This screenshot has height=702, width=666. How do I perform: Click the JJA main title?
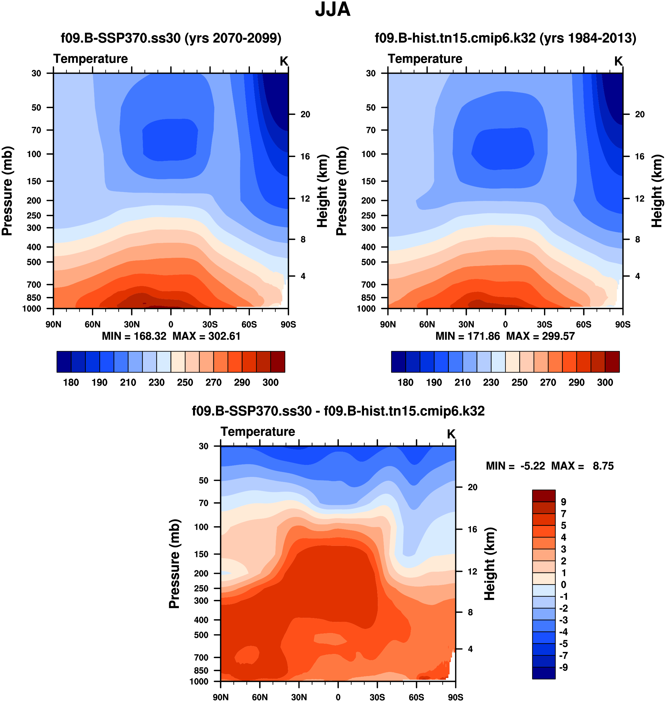pyautogui.click(x=333, y=10)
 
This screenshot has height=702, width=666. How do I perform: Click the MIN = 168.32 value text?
pyautogui.click(x=134, y=336)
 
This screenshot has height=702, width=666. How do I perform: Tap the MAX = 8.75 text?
pyautogui.click(x=582, y=466)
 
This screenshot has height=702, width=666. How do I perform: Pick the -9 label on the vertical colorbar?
pyautogui.click(x=563, y=667)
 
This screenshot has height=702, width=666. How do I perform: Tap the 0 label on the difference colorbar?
pyautogui.click(x=563, y=584)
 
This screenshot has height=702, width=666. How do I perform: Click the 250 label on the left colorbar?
pyautogui.click(x=185, y=383)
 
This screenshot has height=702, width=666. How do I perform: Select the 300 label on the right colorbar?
pyautogui.click(x=605, y=383)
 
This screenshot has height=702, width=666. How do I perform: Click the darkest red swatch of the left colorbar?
pyautogui.click(x=278, y=362)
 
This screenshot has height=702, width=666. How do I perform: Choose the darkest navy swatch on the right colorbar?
pyautogui.click(x=398, y=362)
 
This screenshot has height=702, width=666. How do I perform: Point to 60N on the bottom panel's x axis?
pyautogui.click(x=260, y=697)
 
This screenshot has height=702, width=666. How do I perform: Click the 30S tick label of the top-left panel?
pyautogui.click(x=210, y=324)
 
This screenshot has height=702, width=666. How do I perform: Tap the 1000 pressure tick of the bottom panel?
pyautogui.click(x=199, y=681)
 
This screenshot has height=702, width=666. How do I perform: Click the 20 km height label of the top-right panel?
pyautogui.click(x=639, y=114)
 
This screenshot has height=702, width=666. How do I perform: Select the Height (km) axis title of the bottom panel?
pyautogui.click(x=489, y=564)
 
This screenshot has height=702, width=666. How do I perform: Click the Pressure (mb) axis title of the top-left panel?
pyautogui.click(x=7, y=191)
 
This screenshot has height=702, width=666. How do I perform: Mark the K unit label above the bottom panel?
pyautogui.click(x=451, y=434)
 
